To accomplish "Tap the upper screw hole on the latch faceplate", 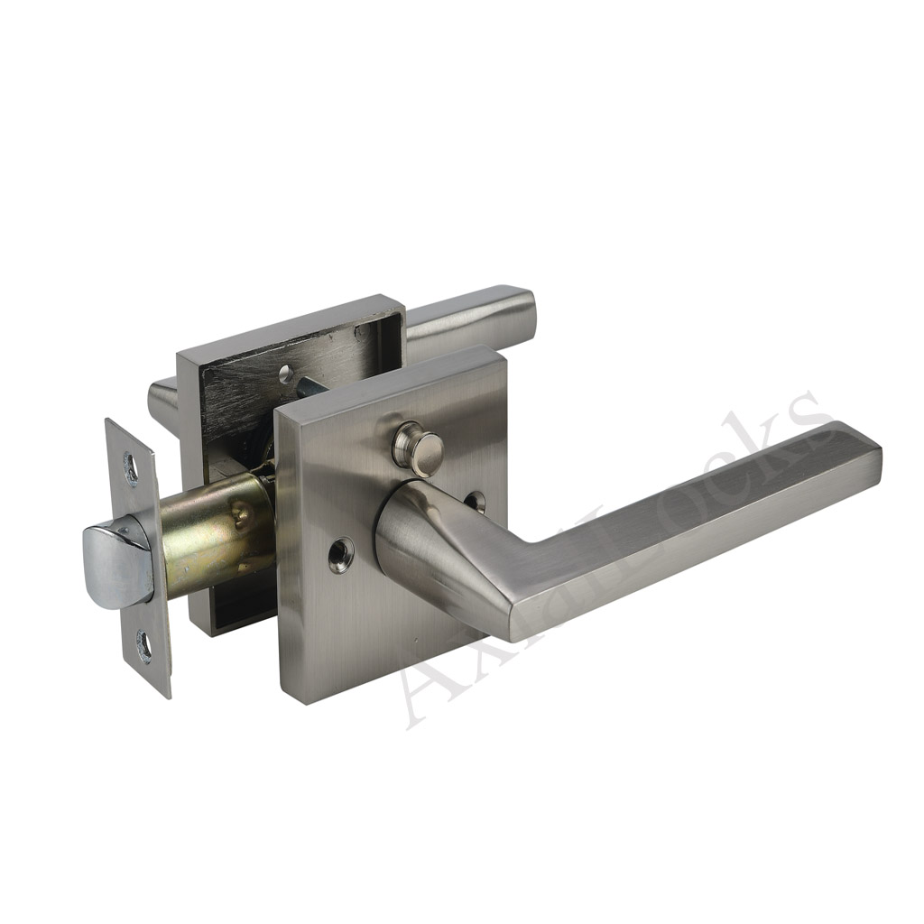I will pos(132,469).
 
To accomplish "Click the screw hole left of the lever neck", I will pos(340,555).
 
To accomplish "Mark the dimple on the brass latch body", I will pos(242,515).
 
